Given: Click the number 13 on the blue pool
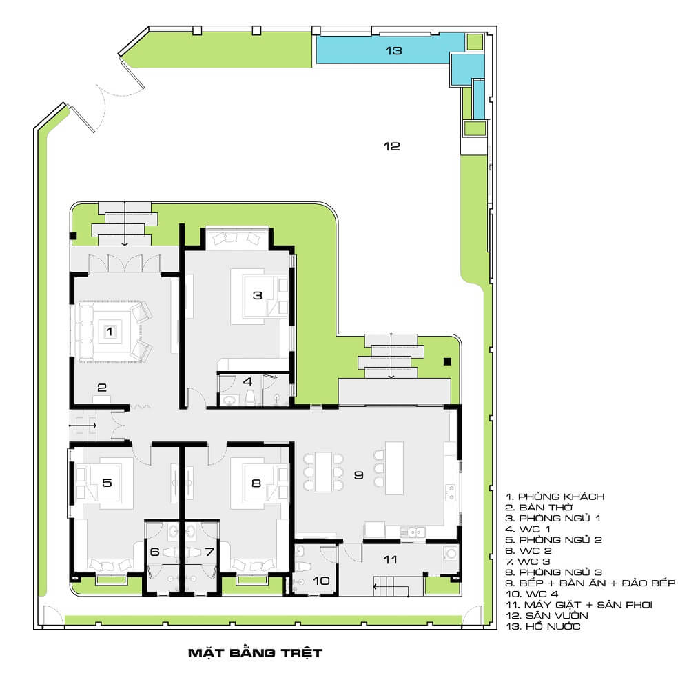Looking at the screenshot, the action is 393,51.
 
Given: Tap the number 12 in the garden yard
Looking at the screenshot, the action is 391,146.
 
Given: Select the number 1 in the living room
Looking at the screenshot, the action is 110,331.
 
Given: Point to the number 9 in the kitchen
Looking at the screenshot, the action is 358,475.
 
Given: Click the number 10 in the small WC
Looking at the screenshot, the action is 321,581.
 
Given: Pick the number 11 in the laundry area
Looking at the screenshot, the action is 390,559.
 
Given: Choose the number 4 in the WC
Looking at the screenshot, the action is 248,381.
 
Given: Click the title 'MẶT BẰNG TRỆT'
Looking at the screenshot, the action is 256,652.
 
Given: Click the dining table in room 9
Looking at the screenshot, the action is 323,472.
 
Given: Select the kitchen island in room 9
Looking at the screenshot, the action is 394,468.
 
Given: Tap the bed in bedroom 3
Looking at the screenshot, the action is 259,297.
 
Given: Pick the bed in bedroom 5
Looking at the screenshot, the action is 105,483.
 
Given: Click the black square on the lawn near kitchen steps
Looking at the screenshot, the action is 447,361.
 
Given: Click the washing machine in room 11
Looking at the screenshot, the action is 451,553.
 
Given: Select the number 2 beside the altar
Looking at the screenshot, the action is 102,388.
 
